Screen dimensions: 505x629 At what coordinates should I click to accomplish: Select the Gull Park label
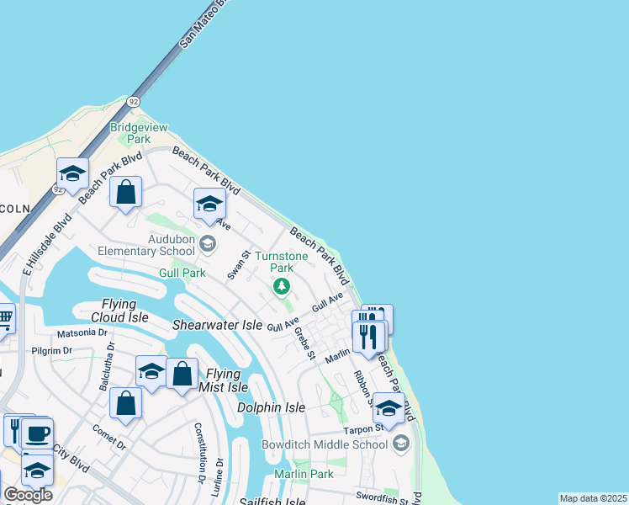182,273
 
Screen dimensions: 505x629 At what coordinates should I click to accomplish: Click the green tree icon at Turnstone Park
282,287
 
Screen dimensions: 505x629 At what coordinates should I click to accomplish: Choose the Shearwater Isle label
218,325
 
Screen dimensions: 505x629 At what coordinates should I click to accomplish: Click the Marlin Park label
304,474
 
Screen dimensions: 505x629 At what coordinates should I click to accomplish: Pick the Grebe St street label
304,343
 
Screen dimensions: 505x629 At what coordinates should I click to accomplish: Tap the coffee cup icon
37,433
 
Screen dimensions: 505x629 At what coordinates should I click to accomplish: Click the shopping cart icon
4,318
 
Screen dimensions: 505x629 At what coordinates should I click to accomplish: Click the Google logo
27,495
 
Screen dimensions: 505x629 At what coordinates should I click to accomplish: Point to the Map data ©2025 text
593,498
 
